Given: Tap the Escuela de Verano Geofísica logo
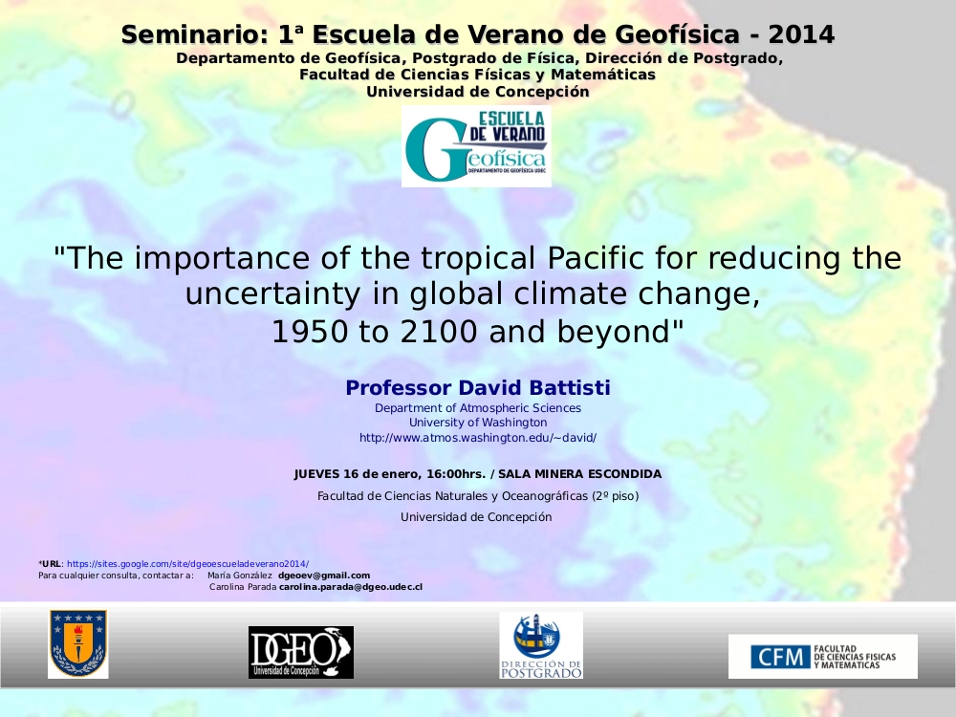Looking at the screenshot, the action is pyautogui.click(x=476, y=146).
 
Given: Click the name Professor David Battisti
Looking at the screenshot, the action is pyautogui.click(x=478, y=388).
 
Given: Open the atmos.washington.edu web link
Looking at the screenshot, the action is pyautogui.click(x=478, y=438).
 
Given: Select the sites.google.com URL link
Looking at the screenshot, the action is pyautogui.click(x=187, y=564).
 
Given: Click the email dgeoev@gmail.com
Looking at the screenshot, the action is pyautogui.click(x=324, y=575).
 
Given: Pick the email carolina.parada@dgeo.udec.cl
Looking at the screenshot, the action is pyautogui.click(x=351, y=587).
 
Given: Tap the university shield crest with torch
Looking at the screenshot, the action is pyautogui.click(x=78, y=643).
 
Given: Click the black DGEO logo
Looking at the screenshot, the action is pyautogui.click(x=301, y=652).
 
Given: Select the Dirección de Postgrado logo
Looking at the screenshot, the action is pyautogui.click(x=541, y=645).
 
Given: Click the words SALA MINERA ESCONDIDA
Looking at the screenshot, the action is pyautogui.click(x=580, y=474).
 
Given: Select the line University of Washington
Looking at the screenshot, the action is pyautogui.click(x=478, y=423).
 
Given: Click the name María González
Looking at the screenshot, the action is pyautogui.click(x=240, y=575).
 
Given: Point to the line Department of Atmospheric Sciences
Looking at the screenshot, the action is pyautogui.click(x=478, y=408).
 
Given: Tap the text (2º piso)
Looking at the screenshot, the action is pyautogui.click(x=615, y=496).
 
